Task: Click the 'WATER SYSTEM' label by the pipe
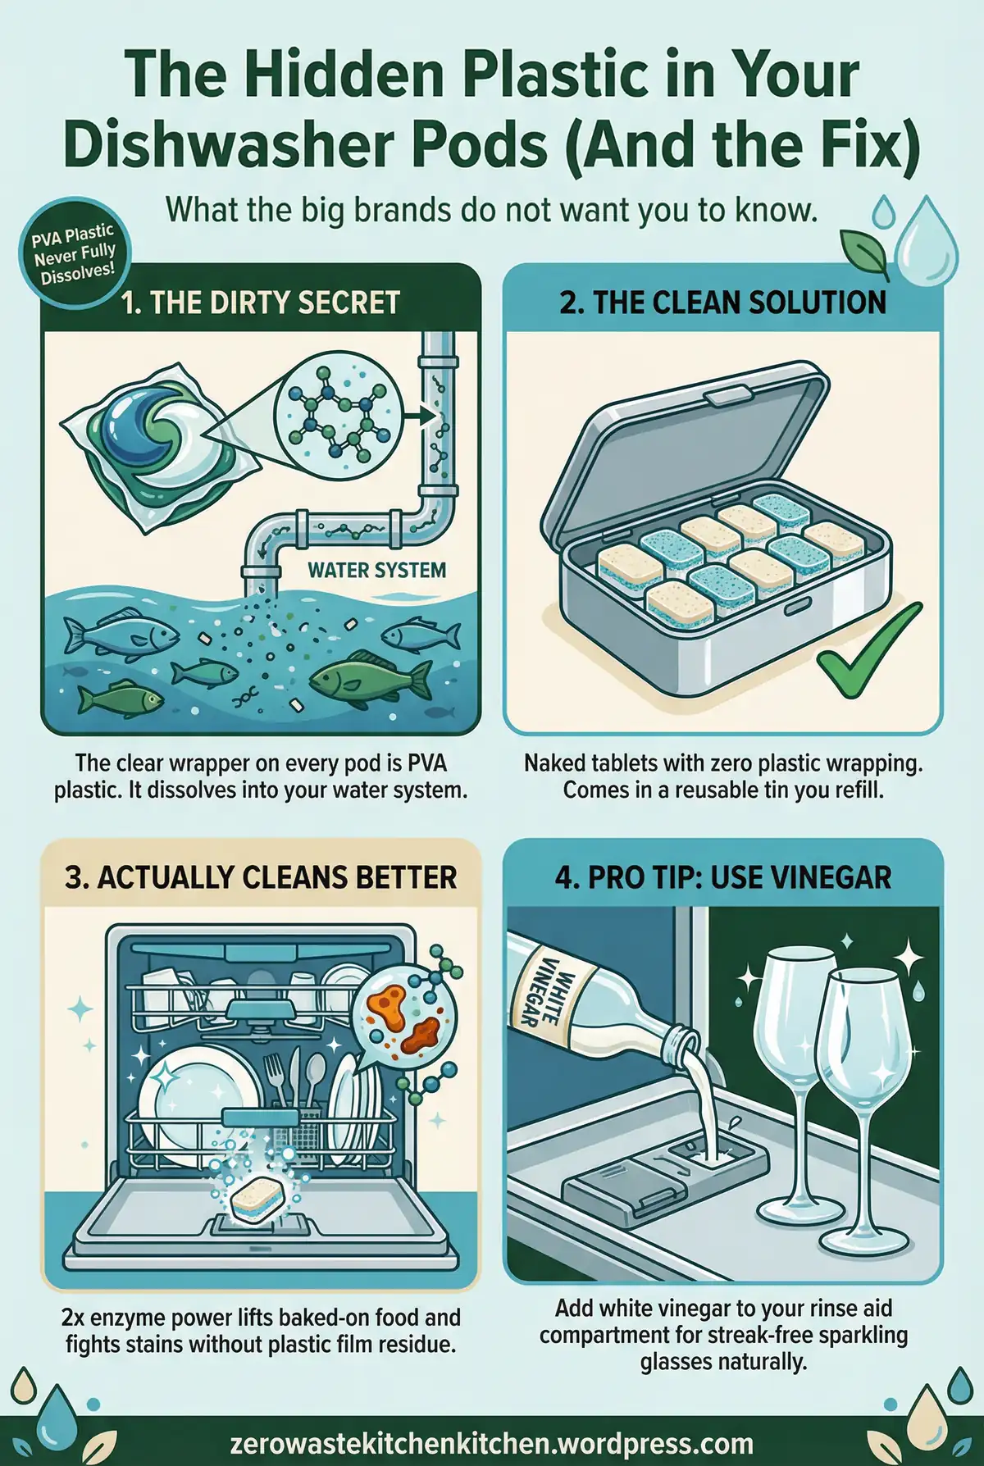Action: (376, 570)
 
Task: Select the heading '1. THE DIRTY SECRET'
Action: (260, 303)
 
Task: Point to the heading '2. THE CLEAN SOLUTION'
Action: (722, 303)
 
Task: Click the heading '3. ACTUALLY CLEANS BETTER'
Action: (260, 877)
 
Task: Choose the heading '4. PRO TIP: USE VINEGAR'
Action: (722, 877)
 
